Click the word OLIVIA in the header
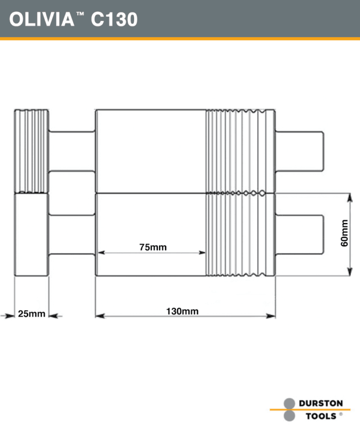pyautogui.click(x=41, y=19)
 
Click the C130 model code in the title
pyautogui.click(x=114, y=19)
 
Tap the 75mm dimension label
pyautogui.click(x=153, y=247)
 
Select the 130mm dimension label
pyautogui.click(x=182, y=311)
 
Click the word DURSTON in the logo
pyautogui.click(x=321, y=403)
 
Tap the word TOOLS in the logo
pyautogui.click(x=321, y=416)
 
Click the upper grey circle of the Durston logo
pyautogui.click(x=289, y=404)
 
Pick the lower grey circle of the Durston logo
pyautogui.click(x=289, y=416)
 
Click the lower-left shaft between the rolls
pyautogui.click(x=72, y=235)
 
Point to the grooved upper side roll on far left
pyautogui.click(x=31, y=151)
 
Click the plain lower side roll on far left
pyautogui.click(x=31, y=235)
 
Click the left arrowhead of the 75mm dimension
pyautogui.click(x=99, y=252)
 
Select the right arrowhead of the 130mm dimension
pyautogui.click(x=272, y=316)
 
